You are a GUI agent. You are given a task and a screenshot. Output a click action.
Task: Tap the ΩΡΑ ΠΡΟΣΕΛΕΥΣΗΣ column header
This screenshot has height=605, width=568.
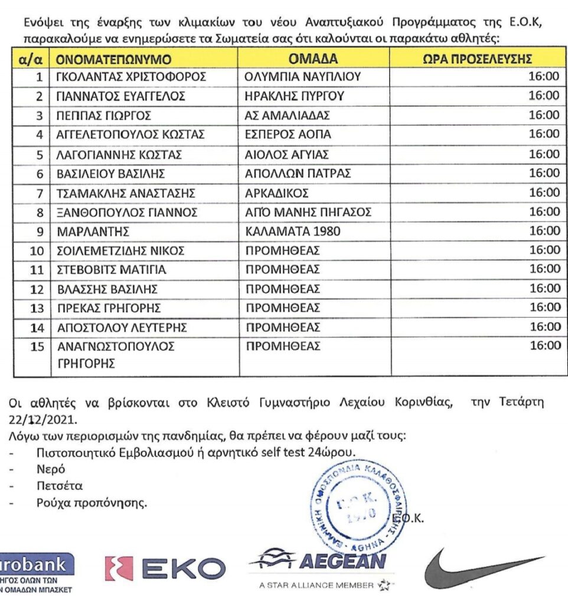click(x=478, y=59)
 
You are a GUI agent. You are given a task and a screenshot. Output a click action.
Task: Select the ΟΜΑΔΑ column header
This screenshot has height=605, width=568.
click(x=313, y=59)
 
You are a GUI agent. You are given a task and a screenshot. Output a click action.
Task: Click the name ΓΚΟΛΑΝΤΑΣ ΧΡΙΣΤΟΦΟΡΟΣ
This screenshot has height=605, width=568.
click(x=130, y=77)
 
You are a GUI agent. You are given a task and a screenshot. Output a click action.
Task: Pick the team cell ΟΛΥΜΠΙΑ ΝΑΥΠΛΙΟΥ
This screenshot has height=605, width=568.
click(x=302, y=77)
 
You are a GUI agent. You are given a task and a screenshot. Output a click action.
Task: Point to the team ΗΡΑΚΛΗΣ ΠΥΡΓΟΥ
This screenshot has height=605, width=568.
click(x=295, y=96)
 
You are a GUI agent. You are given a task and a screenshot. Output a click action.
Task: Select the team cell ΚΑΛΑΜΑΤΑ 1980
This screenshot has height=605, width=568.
click(x=293, y=231)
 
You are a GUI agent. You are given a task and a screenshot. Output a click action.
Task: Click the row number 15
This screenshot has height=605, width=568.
click(x=37, y=347)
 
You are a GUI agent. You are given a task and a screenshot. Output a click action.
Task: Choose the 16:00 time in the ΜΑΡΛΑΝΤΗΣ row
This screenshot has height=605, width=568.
click(x=544, y=230)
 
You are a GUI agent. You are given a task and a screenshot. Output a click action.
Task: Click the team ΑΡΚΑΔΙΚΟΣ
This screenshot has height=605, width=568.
click(x=277, y=193)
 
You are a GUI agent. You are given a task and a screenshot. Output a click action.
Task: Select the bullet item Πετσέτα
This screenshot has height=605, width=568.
click(x=58, y=486)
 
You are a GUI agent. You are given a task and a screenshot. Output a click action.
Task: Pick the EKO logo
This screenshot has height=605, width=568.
click(x=165, y=568)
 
